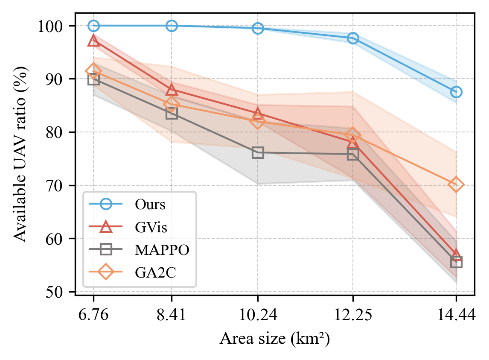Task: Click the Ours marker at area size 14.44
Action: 456,92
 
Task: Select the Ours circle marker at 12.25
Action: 353,38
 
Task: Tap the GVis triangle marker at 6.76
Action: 94,41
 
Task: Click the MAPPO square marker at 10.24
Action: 258,152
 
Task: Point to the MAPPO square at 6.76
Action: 94,79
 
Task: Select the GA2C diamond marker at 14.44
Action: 456,184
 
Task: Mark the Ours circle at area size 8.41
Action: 172,26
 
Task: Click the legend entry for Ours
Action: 150,205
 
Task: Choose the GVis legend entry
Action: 151,227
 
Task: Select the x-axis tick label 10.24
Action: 258,316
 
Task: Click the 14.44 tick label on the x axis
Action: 456,316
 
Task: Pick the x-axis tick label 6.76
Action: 94,316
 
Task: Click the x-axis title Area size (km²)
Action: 274,339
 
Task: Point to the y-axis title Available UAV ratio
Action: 20,154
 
